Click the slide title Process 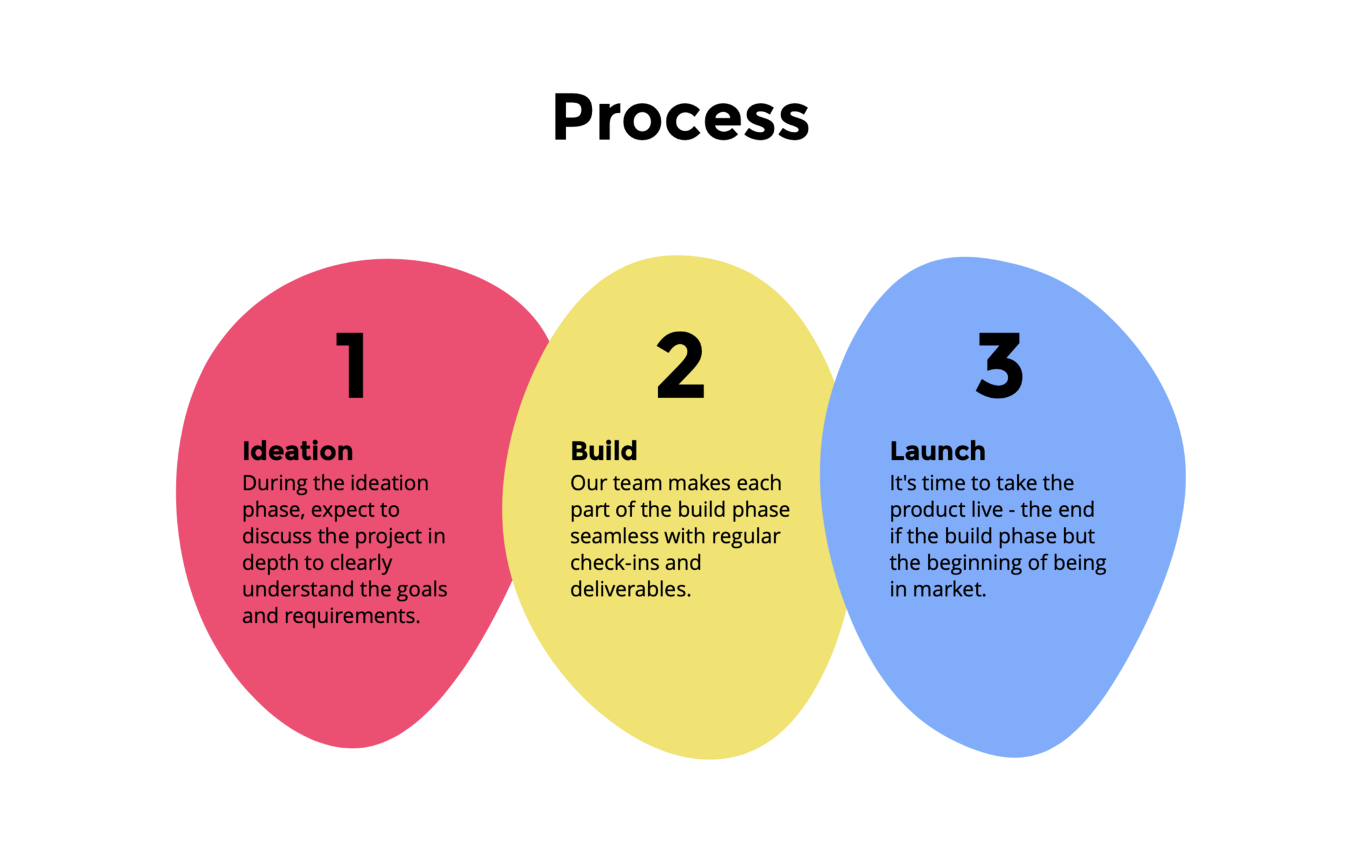coord(680,117)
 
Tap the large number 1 coord(352,366)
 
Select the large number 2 coord(680,366)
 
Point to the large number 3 coord(999,366)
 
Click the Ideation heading coord(298,451)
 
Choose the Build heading coord(603,451)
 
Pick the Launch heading coord(937,451)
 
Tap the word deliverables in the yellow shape coord(630,589)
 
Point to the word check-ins coord(607,563)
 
